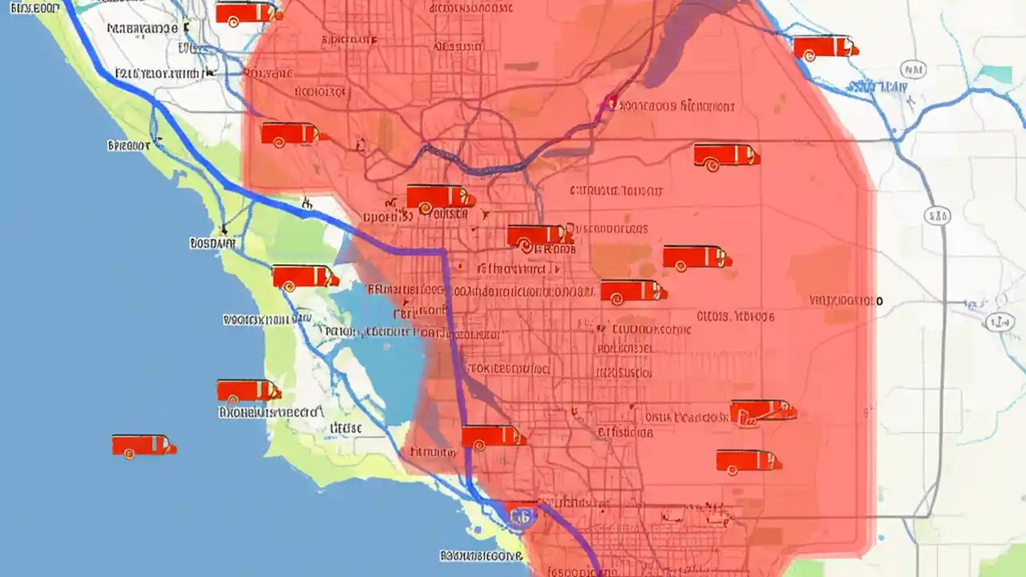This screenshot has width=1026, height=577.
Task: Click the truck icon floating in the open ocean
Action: pos(143,446)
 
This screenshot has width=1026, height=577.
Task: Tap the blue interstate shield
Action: pos(521,514)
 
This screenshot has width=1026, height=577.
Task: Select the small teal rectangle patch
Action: pos(997,74)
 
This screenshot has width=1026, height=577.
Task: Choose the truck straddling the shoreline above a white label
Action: pos(248,391)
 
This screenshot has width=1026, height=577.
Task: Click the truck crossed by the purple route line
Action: pos(492,437)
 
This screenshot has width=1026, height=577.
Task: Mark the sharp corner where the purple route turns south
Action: pos(443,252)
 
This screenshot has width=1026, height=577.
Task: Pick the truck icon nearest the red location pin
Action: pos(725,155)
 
